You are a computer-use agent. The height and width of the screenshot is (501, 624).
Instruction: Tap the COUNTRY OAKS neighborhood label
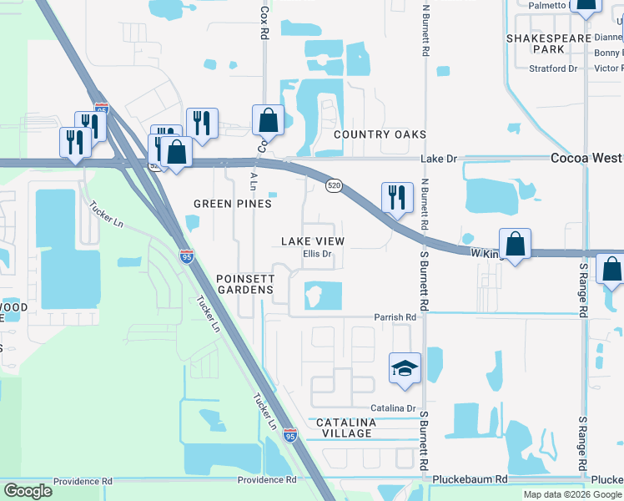coord(380,134)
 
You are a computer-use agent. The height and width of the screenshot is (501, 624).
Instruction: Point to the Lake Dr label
coord(440,158)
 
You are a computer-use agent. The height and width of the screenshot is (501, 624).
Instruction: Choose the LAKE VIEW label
coord(313,241)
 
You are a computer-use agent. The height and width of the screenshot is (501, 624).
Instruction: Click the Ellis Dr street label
coord(318,253)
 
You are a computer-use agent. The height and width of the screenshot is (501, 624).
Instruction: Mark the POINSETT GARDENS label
coord(244,283)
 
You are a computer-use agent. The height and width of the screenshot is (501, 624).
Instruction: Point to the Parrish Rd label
coord(395,317)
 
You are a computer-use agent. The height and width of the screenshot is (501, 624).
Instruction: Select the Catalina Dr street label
coord(393,407)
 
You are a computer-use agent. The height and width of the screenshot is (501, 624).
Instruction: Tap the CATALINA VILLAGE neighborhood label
coord(346,428)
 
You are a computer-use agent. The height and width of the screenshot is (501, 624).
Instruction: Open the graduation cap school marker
coord(405,368)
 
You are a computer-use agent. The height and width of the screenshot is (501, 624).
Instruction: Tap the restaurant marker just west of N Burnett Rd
coord(396,197)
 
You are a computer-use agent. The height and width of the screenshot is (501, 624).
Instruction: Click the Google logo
coord(28,491)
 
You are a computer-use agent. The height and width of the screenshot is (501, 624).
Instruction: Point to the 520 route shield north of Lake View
coord(333,184)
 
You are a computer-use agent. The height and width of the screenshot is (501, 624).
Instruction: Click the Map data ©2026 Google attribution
coord(571,494)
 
